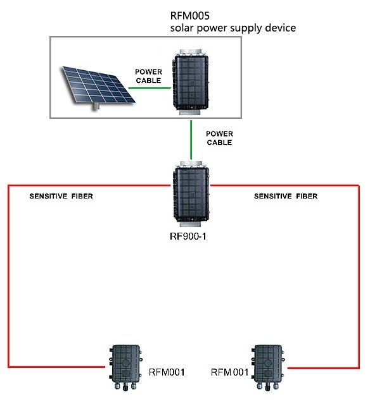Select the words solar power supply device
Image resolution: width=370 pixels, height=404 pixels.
(x=233, y=28)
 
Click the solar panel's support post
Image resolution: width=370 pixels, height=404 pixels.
(x=97, y=107)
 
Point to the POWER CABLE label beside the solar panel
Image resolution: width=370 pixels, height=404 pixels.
(x=149, y=77)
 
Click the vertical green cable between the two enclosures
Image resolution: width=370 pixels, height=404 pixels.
(x=191, y=140)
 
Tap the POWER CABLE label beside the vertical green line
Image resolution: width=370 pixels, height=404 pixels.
(x=219, y=138)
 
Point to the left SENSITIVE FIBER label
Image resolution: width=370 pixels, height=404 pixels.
(x=61, y=196)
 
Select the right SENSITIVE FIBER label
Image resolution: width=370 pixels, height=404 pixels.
(x=286, y=196)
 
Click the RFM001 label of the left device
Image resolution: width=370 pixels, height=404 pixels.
(x=166, y=372)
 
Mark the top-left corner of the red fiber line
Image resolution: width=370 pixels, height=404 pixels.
(x=8, y=186)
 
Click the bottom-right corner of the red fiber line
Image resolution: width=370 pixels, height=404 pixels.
(x=359, y=367)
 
